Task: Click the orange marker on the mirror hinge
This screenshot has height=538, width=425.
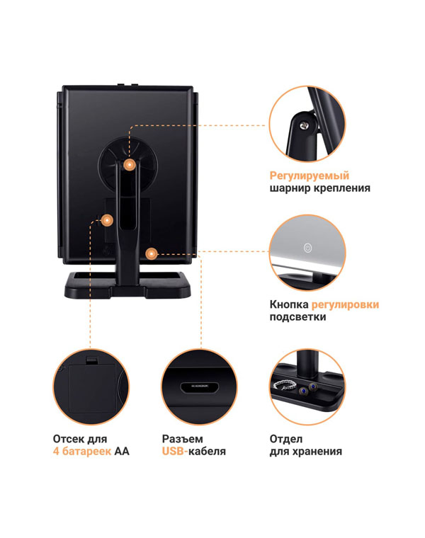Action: pyautogui.click(x=130, y=165)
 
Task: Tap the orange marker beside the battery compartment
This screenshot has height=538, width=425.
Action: pyautogui.click(x=107, y=220)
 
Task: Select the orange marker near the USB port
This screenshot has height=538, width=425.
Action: pyautogui.click(x=151, y=254)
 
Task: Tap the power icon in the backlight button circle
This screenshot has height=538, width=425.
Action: pyautogui.click(x=308, y=247)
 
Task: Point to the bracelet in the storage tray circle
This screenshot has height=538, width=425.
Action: pyautogui.click(x=285, y=385)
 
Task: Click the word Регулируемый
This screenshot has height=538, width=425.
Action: pyautogui.click(x=310, y=176)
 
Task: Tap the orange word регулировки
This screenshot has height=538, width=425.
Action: pyautogui.click(x=345, y=304)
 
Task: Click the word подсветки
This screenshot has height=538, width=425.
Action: pyautogui.click(x=297, y=316)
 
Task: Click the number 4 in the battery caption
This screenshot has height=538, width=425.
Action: pyautogui.click(x=56, y=451)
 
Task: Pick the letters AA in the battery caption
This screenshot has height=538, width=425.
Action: pyautogui.click(x=122, y=451)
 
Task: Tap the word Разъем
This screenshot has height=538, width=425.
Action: pyautogui.click(x=182, y=439)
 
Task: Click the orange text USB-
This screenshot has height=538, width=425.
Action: pyautogui.click(x=175, y=451)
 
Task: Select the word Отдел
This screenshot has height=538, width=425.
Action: pyautogui.click(x=286, y=439)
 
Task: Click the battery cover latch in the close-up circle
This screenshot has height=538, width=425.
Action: pyautogui.click(x=91, y=360)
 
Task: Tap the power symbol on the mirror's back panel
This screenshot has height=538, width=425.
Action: pyautogui.click(x=107, y=251)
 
